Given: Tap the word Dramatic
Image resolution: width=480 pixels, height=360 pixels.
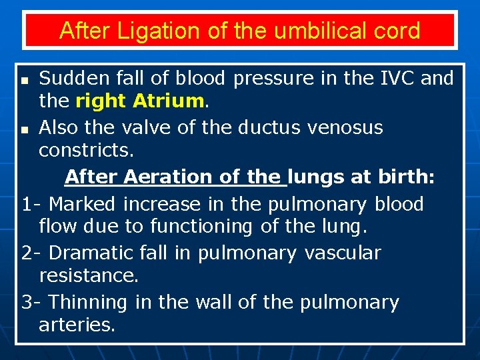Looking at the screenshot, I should pyautogui.click(x=91, y=253).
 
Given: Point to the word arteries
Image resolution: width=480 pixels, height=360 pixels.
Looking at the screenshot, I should pyautogui.click(x=77, y=325).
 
